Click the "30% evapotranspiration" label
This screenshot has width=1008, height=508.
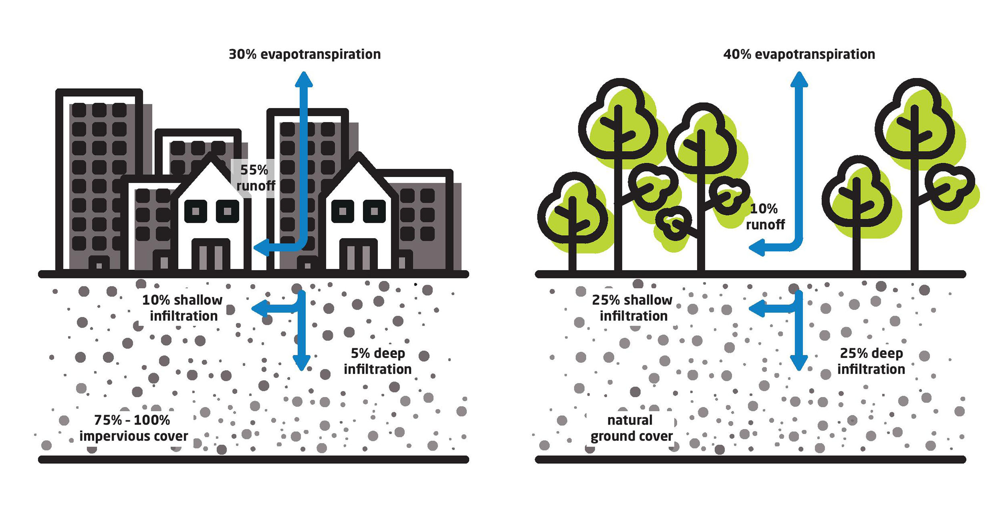coord(304,54)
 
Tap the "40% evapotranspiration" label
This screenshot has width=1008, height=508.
coord(799,54)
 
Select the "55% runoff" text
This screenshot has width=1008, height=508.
coord(256,178)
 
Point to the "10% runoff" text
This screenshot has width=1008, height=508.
coord(765,216)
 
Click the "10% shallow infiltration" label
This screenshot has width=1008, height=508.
coord(183,308)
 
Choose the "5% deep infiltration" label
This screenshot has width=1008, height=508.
coord(378,361)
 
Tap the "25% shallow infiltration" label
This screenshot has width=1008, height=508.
coord(633,308)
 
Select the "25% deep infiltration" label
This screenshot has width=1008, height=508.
coord(871,361)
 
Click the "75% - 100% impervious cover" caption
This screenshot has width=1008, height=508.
coord(133,428)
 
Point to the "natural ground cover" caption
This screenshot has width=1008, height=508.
coord(631,428)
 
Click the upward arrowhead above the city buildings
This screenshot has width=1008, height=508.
coord(304,79)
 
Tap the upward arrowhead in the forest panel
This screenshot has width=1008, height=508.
coord(799,79)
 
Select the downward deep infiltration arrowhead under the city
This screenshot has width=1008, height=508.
coord(302,363)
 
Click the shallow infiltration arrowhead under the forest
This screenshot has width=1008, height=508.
coord(757,309)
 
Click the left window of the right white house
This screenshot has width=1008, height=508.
coord(343,211)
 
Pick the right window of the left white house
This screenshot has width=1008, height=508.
coord(227,211)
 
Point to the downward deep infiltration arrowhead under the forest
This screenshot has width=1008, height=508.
coord(799,363)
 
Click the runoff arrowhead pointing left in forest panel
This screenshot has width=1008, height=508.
coord(757,247)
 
